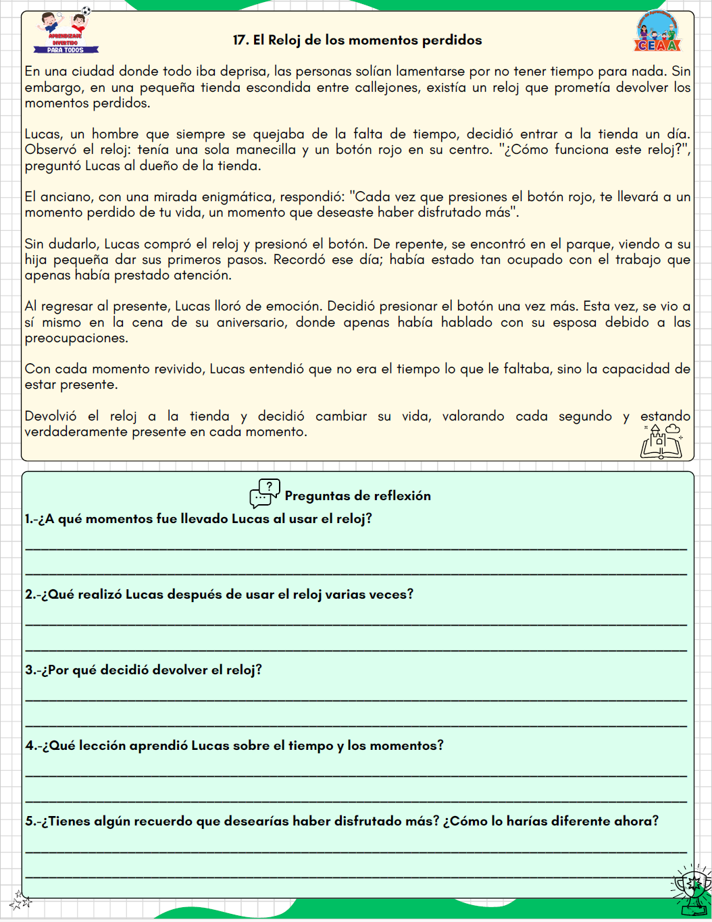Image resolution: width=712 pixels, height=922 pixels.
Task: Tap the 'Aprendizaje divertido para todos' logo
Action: [66, 32]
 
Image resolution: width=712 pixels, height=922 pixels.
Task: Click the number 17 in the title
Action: [240, 40]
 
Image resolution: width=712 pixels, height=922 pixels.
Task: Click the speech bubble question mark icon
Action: [265, 493]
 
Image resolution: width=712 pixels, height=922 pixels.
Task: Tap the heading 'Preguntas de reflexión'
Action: [357, 495]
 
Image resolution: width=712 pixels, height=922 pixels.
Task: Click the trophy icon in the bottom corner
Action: [690, 891]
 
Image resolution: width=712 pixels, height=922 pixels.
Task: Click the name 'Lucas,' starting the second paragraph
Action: [44, 134]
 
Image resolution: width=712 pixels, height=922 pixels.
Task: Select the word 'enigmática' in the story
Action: [229, 197]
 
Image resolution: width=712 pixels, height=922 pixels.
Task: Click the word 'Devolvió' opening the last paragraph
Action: [51, 416]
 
